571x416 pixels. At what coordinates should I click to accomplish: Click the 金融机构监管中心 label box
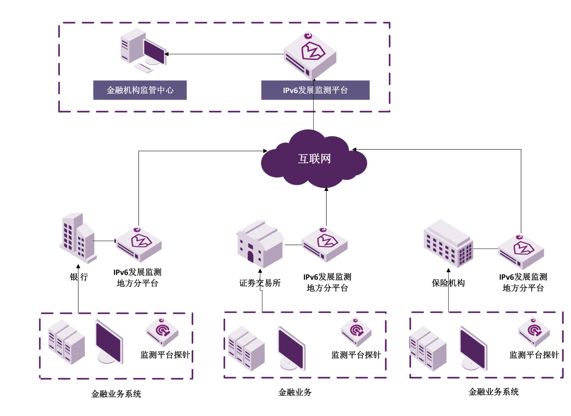coord(140,90)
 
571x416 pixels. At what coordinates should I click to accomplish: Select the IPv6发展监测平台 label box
coord(315,90)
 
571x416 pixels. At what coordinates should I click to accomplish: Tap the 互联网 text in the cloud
coord(314,159)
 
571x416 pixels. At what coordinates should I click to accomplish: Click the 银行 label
coord(79,277)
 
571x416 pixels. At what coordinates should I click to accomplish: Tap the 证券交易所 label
coord(260,283)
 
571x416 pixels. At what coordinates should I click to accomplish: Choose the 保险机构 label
coord(448,283)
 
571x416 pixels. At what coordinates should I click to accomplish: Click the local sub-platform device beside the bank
coord(139,245)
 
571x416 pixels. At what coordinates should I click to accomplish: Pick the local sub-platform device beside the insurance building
coord(521,252)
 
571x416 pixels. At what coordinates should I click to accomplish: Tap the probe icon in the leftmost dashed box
coord(162,331)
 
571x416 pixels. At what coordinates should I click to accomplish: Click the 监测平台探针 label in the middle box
coord(356,355)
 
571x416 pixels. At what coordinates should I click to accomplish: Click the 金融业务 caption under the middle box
coord(295,392)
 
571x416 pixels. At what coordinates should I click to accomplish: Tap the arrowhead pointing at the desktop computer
coord(166,54)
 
